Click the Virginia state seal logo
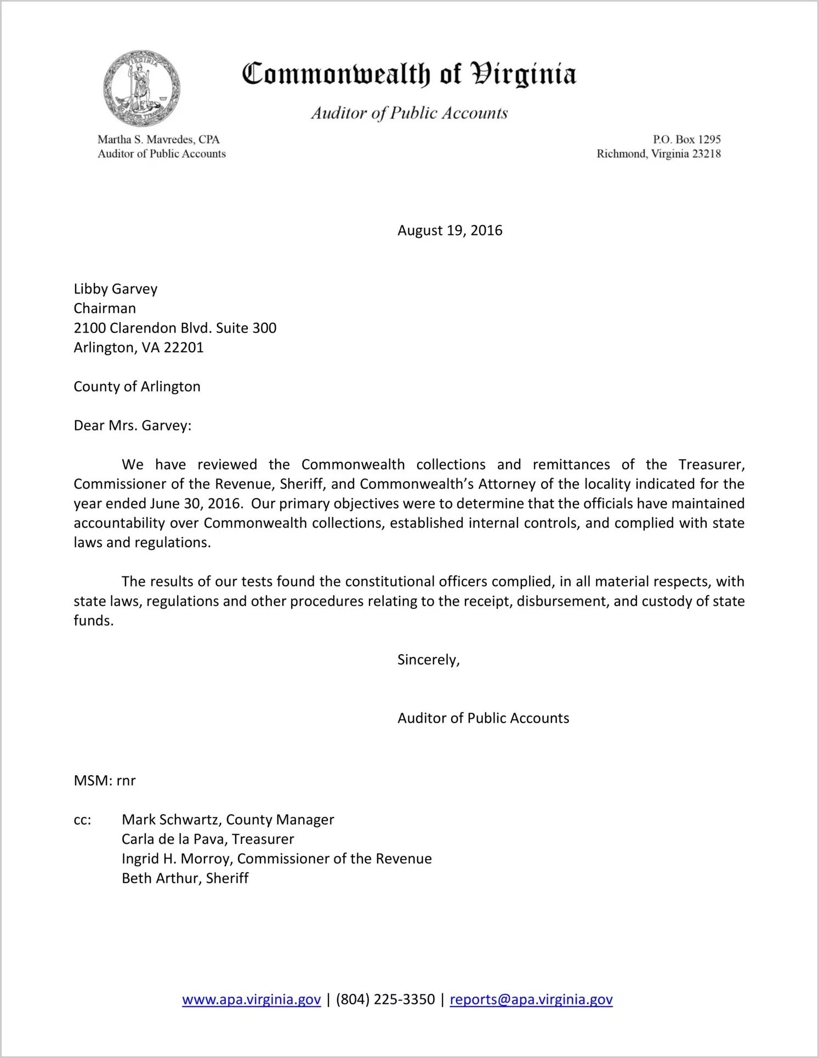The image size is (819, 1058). (x=141, y=89)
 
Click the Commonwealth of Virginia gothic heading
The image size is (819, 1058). (x=409, y=75)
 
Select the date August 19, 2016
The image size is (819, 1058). (x=450, y=231)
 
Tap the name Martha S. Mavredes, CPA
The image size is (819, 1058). (x=158, y=140)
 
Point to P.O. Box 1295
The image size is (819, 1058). (x=686, y=140)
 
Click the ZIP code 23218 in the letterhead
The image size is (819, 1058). (x=706, y=154)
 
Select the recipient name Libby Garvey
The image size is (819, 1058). (x=116, y=289)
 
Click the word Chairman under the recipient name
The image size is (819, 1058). (x=105, y=308)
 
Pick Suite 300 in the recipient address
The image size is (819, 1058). (x=246, y=328)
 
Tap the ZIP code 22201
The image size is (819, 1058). (x=184, y=348)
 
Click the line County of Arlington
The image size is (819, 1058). (x=137, y=387)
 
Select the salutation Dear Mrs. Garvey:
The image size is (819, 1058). (x=133, y=426)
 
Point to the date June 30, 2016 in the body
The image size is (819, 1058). (x=195, y=504)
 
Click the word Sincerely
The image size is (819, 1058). (x=428, y=660)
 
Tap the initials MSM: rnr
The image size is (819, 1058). (x=105, y=781)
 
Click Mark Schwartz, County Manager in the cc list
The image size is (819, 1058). (x=228, y=820)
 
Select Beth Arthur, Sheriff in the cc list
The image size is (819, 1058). (x=185, y=878)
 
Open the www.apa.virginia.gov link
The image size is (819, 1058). (x=251, y=1000)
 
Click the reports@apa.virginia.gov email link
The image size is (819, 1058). (x=531, y=1000)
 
